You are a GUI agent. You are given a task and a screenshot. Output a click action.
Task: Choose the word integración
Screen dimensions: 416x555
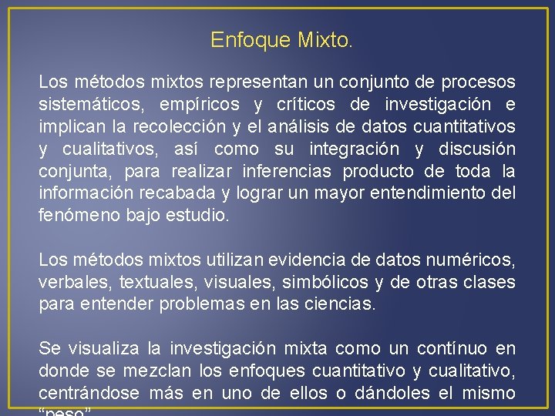pyautogui.click(x=354, y=149)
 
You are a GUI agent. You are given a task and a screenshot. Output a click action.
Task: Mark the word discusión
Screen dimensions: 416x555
pyautogui.click(x=477, y=149)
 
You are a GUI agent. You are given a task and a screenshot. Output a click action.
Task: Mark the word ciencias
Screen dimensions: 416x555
pyautogui.click(x=343, y=305)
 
